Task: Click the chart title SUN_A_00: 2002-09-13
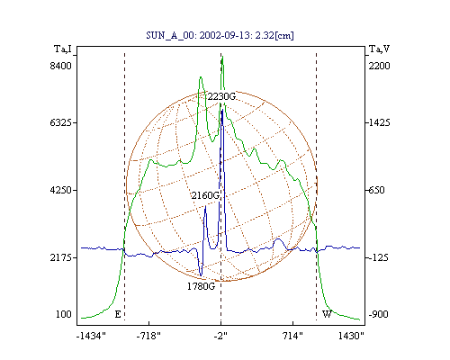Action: pos(198,35)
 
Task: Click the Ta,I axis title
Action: pos(63,49)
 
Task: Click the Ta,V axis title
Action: pos(379,49)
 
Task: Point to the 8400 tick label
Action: pos(60,66)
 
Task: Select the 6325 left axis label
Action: pos(60,122)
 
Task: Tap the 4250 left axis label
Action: pos(60,190)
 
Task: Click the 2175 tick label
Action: pos(60,257)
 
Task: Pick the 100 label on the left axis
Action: pos(64,314)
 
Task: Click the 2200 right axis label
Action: pos(379,66)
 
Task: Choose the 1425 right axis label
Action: pos(379,122)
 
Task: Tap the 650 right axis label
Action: pos(376,190)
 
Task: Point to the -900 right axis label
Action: pos(378,314)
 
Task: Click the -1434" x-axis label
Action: pos(91,336)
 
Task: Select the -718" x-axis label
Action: pos(148,336)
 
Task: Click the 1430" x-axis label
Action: pos(351,336)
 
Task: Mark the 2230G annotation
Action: pos(221,96)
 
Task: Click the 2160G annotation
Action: pos(205,195)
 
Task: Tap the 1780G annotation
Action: pos(201,286)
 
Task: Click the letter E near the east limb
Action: pos(118,314)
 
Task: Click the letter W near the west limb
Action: pos(327,314)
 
